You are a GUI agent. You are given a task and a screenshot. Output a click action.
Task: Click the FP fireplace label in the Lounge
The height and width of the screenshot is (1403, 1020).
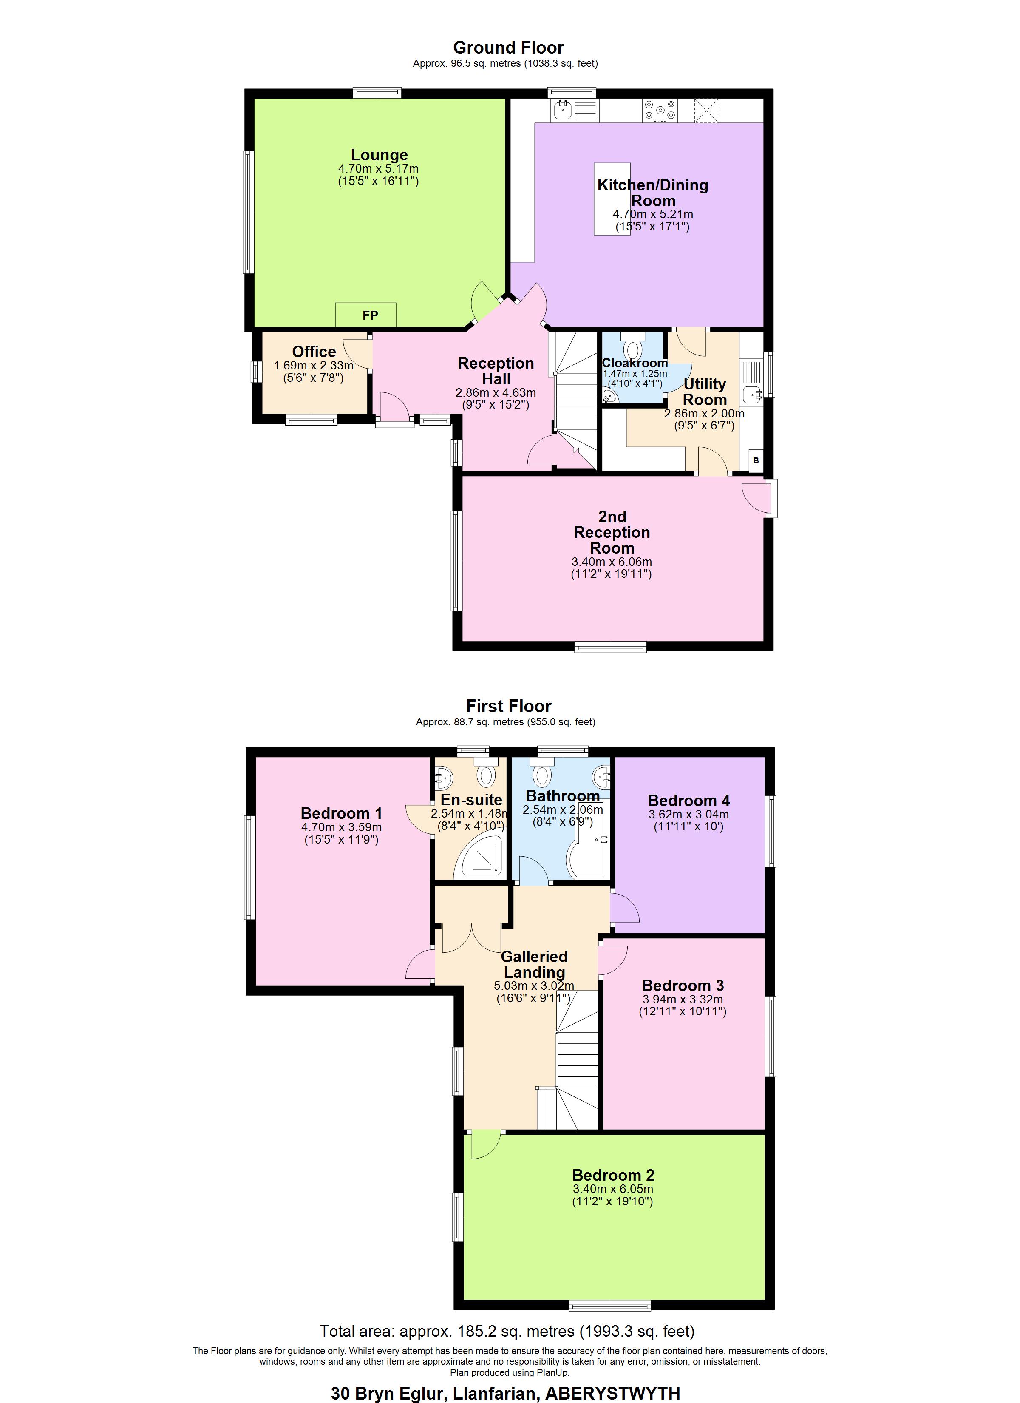[370, 315]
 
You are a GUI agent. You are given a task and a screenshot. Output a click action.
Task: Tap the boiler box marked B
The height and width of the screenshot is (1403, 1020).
[756, 461]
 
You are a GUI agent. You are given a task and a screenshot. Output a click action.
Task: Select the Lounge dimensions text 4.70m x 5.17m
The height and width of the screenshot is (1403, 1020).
[378, 168]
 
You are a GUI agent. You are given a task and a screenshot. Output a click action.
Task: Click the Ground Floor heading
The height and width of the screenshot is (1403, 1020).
[508, 48]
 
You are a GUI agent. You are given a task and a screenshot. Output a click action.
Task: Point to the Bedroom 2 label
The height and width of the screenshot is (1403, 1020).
[612, 1175]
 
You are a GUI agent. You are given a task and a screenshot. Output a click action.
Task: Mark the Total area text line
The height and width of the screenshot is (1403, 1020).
[507, 1331]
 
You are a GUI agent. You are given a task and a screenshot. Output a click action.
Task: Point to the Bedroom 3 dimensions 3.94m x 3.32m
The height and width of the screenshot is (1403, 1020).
[682, 999]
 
